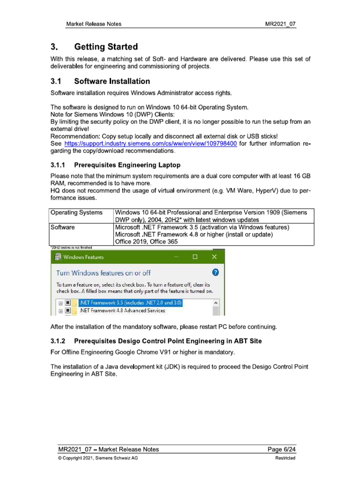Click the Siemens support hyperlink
point(150,143)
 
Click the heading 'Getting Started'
point(106,47)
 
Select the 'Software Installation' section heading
point(112,81)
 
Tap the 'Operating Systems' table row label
point(76,212)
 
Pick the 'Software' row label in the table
point(64,227)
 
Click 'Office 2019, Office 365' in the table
point(146,241)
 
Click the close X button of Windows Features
point(214,257)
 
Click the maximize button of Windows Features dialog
point(195,257)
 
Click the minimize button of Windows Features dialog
point(176,257)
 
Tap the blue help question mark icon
point(215,272)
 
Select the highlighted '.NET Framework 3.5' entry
point(130,303)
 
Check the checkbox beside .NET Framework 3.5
point(67,303)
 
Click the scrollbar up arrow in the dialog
point(216,303)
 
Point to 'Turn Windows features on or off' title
point(104,272)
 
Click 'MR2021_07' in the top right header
point(280,24)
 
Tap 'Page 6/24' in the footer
point(281,450)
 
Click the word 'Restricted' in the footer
point(285,458)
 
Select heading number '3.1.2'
point(59,341)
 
